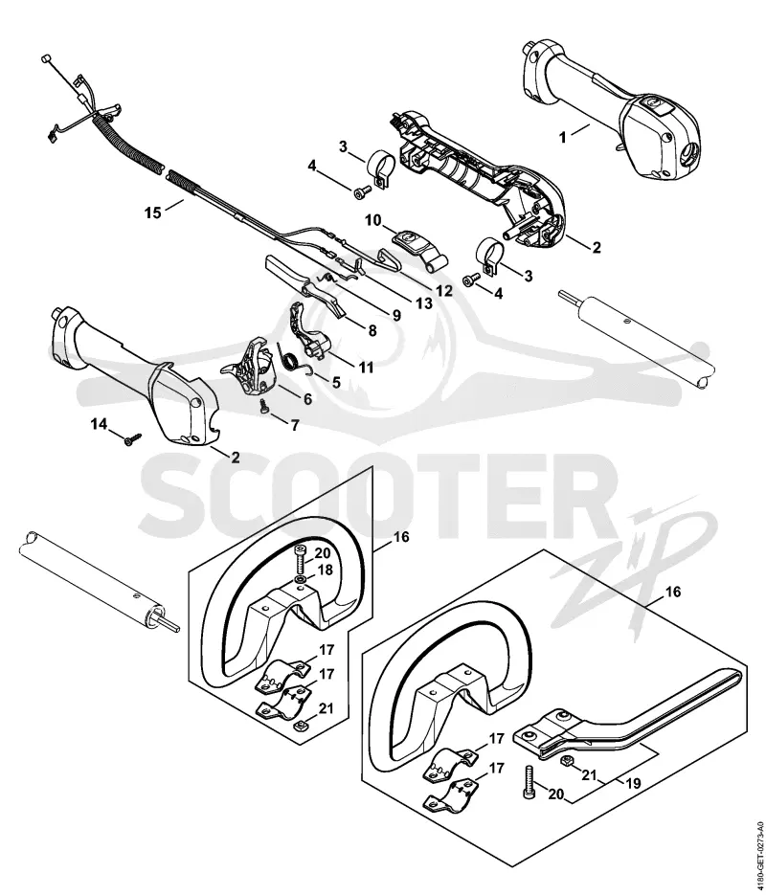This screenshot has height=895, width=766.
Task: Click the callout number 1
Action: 562,137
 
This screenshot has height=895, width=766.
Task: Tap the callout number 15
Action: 153,213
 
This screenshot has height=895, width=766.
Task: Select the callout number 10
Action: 372,220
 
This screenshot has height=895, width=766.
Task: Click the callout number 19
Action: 633,784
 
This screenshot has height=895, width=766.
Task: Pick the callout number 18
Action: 325,571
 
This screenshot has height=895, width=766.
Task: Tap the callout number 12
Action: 443,291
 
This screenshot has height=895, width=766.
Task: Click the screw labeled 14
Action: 132,440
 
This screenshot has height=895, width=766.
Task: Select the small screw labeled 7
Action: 264,405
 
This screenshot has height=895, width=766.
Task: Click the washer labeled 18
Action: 301,581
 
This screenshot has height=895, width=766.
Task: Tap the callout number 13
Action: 423,303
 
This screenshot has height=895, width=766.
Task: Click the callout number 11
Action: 366,367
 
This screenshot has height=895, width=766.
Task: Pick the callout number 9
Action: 395,315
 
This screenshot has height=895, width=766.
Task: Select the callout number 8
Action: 372,330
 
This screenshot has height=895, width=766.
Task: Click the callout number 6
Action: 307,399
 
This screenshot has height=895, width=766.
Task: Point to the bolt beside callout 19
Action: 527,780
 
